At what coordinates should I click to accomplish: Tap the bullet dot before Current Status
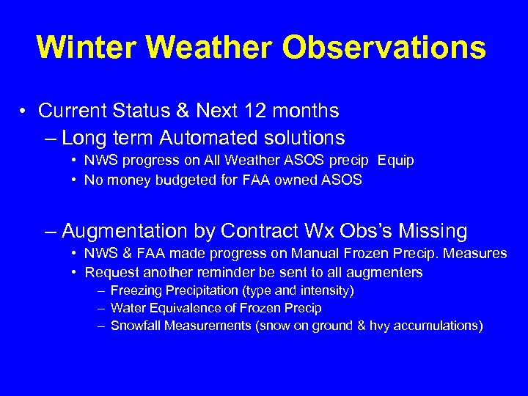pos(24,111)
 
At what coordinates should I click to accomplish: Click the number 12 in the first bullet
pos(285,111)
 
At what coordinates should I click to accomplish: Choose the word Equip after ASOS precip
pos(396,161)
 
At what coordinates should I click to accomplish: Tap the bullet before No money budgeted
pos(75,180)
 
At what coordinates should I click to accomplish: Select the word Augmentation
pos(125,231)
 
